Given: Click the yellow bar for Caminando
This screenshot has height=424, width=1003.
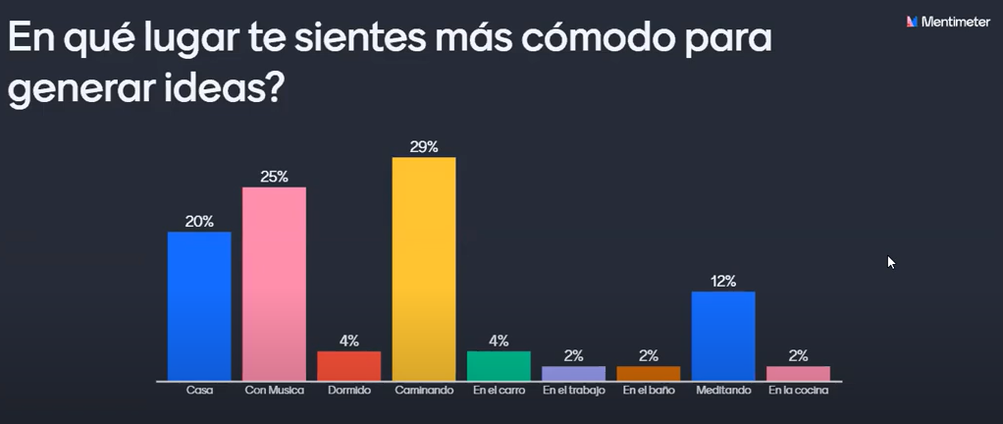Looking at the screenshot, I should (424, 269).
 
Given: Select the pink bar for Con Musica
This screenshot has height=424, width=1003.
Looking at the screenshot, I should (274, 284).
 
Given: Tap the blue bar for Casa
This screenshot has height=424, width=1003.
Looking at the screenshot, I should (199, 306).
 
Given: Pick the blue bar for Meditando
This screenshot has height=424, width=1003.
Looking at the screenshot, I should (723, 336).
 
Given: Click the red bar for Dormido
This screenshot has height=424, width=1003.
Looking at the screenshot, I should (348, 366).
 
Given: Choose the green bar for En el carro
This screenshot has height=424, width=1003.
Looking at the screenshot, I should (499, 366).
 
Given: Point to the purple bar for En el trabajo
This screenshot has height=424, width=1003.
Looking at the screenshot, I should (573, 374).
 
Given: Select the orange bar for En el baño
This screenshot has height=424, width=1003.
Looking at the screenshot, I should (648, 374).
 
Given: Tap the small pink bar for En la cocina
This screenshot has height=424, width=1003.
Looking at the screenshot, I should (798, 374).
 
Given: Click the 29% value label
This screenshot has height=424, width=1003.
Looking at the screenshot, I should (424, 146).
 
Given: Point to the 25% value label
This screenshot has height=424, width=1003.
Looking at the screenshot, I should (274, 177).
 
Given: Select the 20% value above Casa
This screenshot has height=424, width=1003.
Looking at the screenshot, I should (199, 221).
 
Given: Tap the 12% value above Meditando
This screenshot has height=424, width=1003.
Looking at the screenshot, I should (723, 281).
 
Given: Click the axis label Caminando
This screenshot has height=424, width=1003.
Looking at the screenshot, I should (424, 391).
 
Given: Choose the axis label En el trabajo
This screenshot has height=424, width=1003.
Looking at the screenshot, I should (573, 391).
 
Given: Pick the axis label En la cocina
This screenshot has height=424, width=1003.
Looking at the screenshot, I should (798, 391).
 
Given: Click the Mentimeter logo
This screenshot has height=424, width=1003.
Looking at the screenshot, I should (947, 21).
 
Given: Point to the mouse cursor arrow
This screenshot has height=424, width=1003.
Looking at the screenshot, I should (890, 261).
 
